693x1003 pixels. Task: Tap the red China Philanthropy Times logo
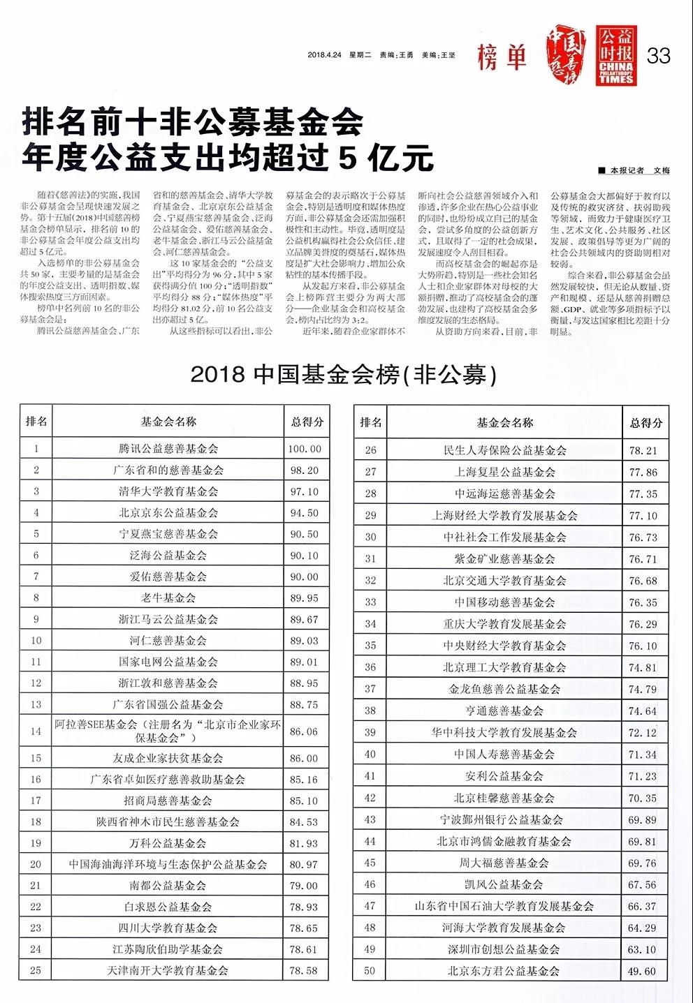(x=615, y=56)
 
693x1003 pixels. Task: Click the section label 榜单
(x=502, y=57)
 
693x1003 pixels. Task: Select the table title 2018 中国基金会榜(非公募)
(x=343, y=375)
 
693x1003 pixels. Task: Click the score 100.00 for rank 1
(x=305, y=449)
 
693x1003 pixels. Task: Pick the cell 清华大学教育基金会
(x=168, y=491)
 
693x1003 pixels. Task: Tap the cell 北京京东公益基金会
(x=168, y=512)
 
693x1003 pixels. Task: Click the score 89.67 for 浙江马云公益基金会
(x=305, y=619)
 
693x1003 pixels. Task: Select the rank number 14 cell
(x=36, y=731)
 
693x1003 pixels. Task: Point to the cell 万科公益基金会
(x=168, y=843)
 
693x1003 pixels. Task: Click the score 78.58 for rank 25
(x=305, y=970)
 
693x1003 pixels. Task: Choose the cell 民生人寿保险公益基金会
(x=505, y=451)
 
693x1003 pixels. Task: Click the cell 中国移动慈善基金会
(x=505, y=602)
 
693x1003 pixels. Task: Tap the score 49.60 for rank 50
(x=643, y=971)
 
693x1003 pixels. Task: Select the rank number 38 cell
(x=370, y=711)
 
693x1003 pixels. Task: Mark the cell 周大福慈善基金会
(x=505, y=863)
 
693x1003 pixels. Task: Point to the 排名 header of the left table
(x=36, y=421)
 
